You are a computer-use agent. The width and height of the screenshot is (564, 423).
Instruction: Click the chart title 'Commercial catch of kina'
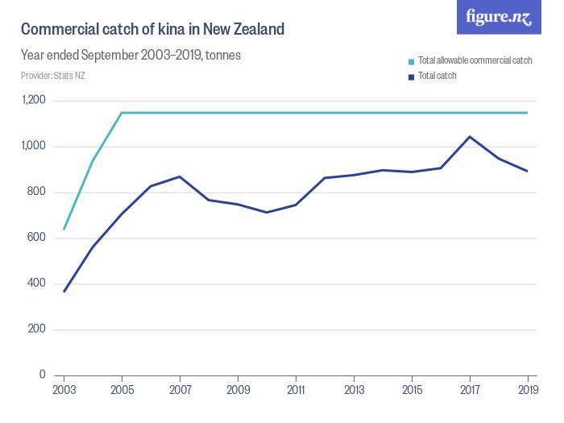point(152,30)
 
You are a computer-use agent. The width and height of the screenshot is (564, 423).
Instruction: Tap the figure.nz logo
point(499,17)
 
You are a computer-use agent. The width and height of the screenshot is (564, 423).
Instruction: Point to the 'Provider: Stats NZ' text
point(53,76)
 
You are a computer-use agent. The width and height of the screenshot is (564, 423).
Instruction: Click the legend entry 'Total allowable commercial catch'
point(475,61)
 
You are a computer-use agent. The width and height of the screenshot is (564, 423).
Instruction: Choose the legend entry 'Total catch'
point(438,77)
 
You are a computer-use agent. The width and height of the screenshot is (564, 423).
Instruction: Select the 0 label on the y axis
point(44,375)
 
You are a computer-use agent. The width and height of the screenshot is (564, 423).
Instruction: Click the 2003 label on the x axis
point(64,390)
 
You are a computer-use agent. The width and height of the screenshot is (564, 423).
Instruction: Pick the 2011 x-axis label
point(296,390)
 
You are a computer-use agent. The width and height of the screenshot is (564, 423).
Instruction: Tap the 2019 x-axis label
point(528,390)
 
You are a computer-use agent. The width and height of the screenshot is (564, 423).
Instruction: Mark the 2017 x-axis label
point(470,390)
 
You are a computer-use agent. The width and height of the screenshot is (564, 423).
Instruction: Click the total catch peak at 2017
point(470,136)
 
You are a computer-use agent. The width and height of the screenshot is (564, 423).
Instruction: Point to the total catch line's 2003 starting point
point(64,291)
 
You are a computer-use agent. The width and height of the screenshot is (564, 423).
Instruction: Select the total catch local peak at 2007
point(180,176)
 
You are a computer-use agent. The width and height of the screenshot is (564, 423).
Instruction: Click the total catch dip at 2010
point(267,212)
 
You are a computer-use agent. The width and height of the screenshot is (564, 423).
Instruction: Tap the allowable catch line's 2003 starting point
point(64,229)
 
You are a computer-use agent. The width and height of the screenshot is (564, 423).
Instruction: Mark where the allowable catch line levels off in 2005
point(122,113)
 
